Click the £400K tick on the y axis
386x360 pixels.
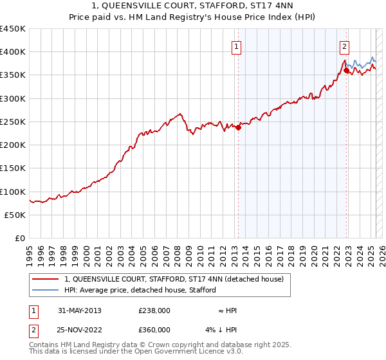coord(13,52)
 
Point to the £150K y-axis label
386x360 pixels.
coord(13,168)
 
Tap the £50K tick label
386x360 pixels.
coord(15,215)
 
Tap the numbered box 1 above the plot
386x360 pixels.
coord(237,46)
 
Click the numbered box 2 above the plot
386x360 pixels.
coord(345,46)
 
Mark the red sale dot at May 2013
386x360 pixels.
coord(238,127)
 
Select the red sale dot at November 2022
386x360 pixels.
coord(346,71)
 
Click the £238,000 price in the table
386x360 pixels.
coord(154,310)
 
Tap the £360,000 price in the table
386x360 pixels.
coord(154,330)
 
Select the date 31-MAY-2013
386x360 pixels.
coord(80,310)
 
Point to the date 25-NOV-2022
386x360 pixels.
coord(80,330)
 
